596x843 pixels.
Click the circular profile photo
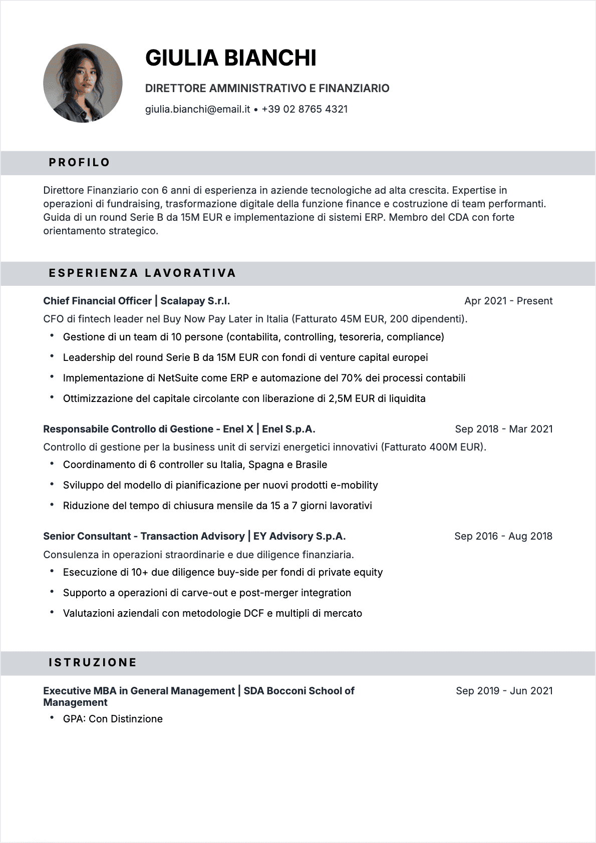pyautogui.click(x=83, y=83)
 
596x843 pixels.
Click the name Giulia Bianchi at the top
pyautogui.click(x=230, y=58)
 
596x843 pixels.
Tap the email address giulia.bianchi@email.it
pyautogui.click(x=197, y=109)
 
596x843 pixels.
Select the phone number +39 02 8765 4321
pyautogui.click(x=305, y=109)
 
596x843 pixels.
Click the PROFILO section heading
pyautogui.click(x=79, y=163)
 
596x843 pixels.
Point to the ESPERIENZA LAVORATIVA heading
pyautogui.click(x=142, y=273)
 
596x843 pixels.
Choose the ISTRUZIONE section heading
pyautogui.click(x=93, y=663)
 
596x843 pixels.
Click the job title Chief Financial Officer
pyautogui.click(x=97, y=301)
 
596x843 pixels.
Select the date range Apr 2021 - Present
pyautogui.click(x=508, y=301)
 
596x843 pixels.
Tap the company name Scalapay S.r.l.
pyautogui.click(x=195, y=301)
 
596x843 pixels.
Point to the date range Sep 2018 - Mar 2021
pyautogui.click(x=503, y=429)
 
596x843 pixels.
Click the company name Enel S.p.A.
pyautogui.click(x=288, y=429)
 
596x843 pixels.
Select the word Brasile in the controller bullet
pyautogui.click(x=311, y=465)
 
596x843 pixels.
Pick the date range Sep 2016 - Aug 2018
pyautogui.click(x=503, y=536)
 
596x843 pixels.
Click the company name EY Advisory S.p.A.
pyautogui.click(x=300, y=536)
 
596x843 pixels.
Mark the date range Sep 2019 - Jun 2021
pyautogui.click(x=504, y=691)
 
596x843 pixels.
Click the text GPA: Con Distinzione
pyautogui.click(x=113, y=719)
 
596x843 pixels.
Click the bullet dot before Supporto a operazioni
pyautogui.click(x=52, y=592)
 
